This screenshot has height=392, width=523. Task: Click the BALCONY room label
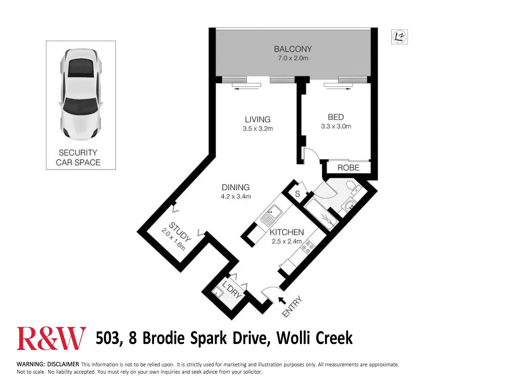(x=293, y=49)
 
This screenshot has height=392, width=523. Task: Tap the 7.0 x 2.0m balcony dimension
(x=293, y=58)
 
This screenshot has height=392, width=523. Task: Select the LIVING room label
(x=258, y=119)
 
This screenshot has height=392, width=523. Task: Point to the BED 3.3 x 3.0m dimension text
(x=336, y=126)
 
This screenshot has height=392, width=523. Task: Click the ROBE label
(x=348, y=168)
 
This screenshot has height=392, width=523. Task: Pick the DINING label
(x=236, y=187)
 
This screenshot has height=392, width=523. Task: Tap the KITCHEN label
(x=287, y=232)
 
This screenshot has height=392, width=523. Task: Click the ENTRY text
(x=292, y=307)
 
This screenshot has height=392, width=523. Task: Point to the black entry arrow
(x=282, y=301)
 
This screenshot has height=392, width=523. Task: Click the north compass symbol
(x=400, y=37)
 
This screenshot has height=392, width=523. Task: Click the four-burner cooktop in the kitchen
(x=308, y=247)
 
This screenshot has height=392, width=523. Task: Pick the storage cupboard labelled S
(x=298, y=194)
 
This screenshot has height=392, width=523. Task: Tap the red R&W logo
(x=51, y=338)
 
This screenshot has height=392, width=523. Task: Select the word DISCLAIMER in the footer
(x=63, y=364)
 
